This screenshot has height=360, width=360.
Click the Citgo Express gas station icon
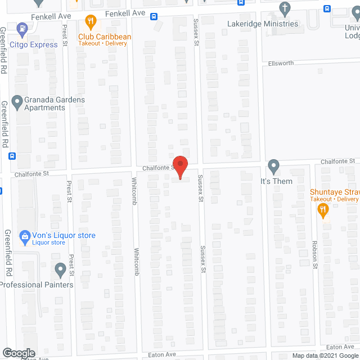point(22,27)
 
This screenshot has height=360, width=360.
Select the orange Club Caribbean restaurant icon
point(89,22)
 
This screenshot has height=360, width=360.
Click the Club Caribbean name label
point(105,37)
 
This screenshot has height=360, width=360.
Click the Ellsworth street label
point(281,63)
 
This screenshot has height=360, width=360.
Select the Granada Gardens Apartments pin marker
point(17,103)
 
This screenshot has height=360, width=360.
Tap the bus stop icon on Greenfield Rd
point(12,156)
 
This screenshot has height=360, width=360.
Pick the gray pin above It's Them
point(273,166)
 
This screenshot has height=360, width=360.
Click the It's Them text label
point(276,182)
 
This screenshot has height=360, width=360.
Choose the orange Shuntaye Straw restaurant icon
point(323,210)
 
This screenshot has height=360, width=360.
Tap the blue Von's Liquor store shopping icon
point(25,236)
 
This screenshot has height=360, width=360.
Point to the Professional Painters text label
point(37,285)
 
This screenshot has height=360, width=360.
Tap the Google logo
point(18,353)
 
